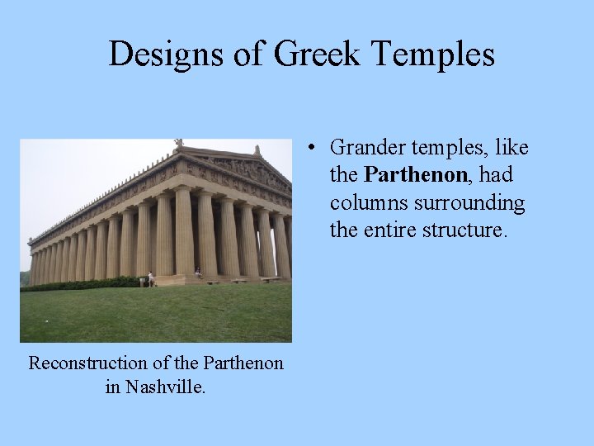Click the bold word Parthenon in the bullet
click(415, 175)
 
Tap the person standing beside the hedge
click(151, 279)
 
